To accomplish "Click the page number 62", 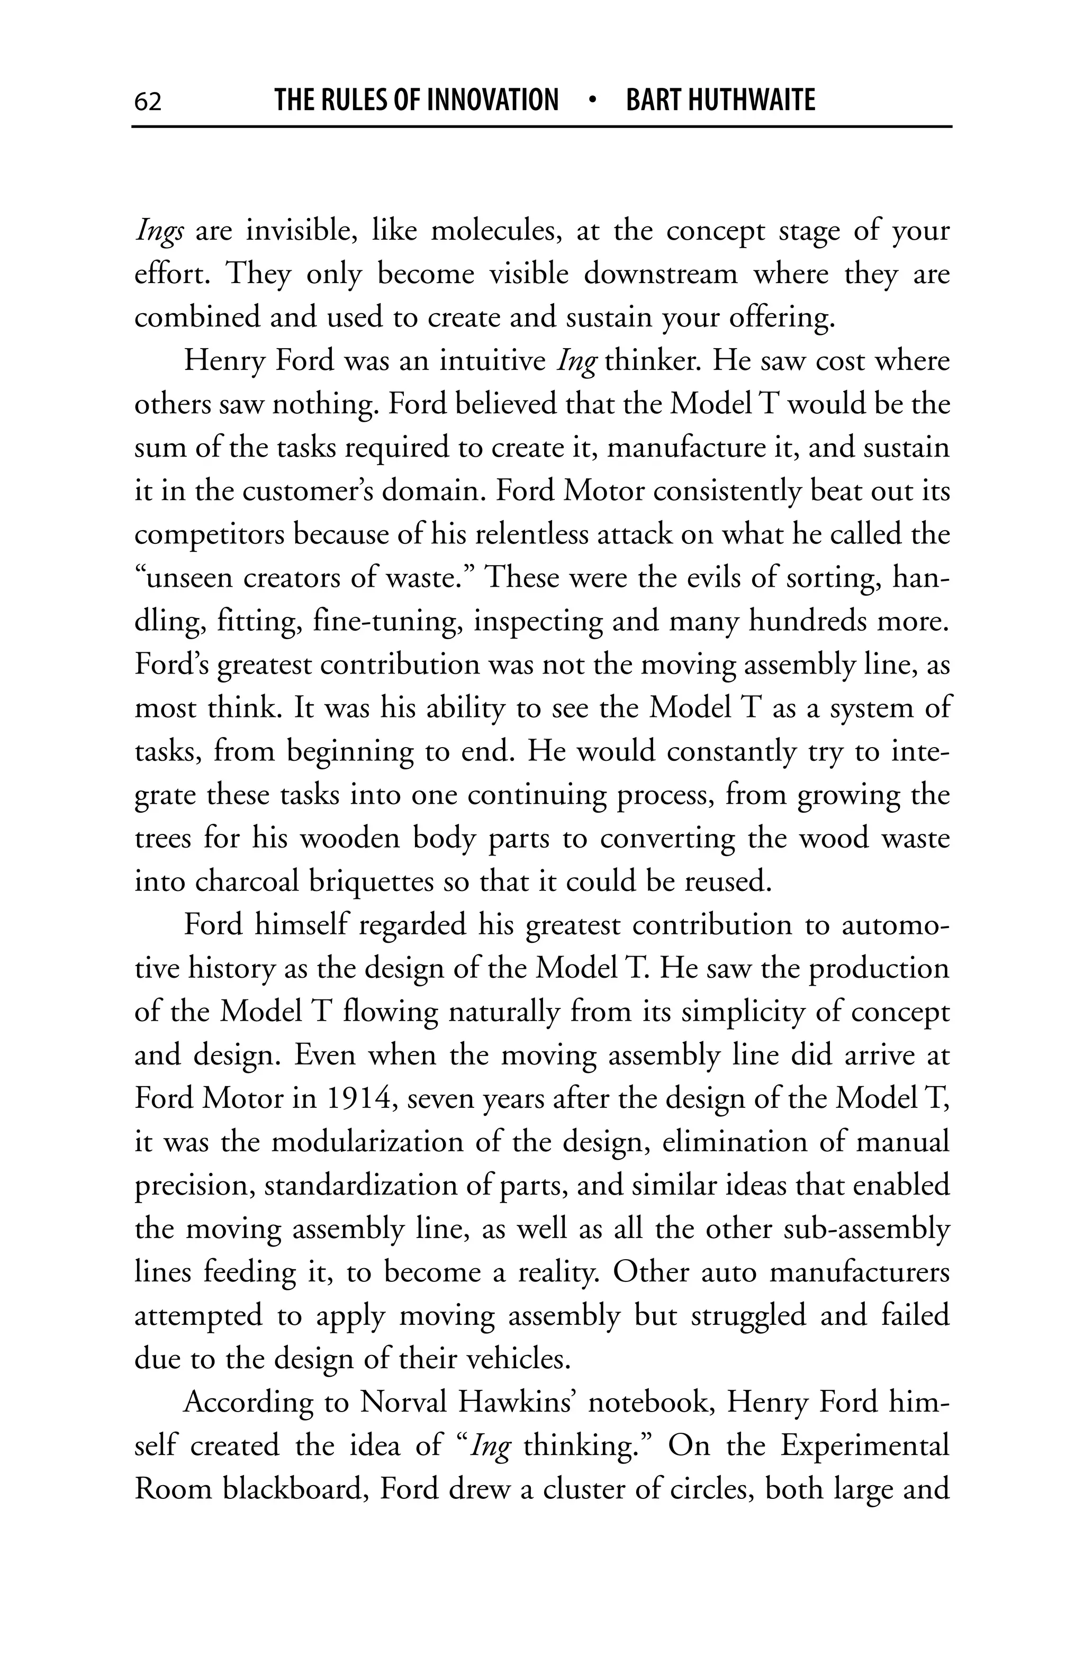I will pyautogui.click(x=148, y=102).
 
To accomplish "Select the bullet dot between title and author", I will pyautogui.click(x=592, y=101).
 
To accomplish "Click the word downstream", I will pyautogui.click(x=661, y=274).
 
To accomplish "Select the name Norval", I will pyautogui.click(x=404, y=1402).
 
